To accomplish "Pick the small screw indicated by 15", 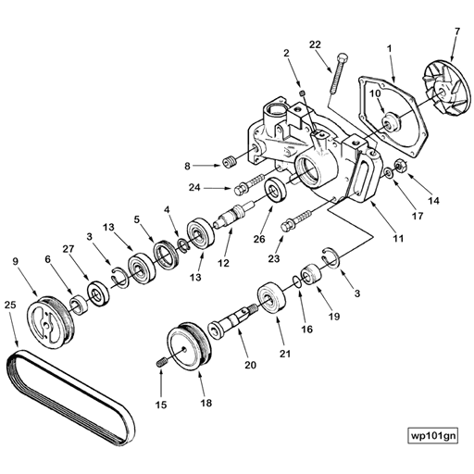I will [x=162, y=361].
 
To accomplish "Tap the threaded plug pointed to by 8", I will [x=223, y=164].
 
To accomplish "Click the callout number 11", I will [x=397, y=239].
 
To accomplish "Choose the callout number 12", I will [x=222, y=263].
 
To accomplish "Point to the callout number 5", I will [x=137, y=219].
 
